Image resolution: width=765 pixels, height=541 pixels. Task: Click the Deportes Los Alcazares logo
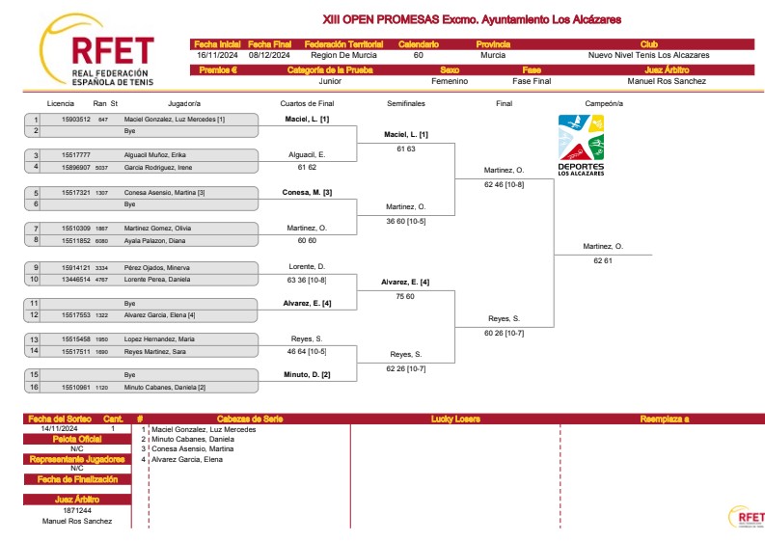click(581, 146)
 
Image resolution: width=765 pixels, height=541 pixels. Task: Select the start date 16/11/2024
click(217, 55)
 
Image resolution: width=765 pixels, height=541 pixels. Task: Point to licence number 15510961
click(76, 387)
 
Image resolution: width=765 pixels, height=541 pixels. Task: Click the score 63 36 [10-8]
click(308, 280)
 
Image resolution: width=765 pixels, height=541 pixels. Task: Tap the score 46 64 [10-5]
click(308, 353)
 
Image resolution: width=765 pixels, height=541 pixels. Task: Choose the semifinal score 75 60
click(405, 296)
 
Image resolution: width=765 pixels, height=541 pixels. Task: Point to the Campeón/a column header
click(604, 103)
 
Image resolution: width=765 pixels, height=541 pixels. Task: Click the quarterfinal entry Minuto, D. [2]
click(308, 374)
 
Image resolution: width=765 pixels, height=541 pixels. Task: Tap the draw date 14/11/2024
click(60, 429)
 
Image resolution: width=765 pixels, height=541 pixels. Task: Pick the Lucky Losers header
click(455, 419)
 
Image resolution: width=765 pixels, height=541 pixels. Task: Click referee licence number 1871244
click(77, 510)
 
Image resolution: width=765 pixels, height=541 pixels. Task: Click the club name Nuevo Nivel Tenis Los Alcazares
click(648, 55)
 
